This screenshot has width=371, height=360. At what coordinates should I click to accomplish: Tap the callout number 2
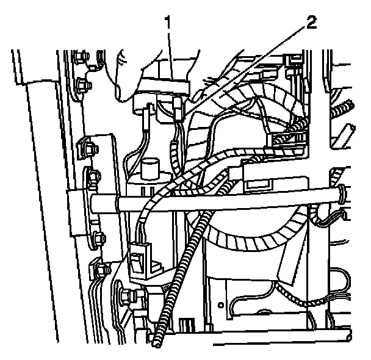(x=311, y=24)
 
